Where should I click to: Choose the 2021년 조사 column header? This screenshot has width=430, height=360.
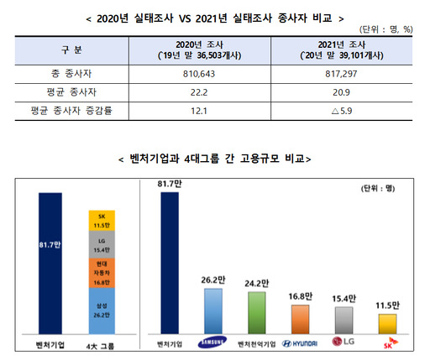tap(338, 50)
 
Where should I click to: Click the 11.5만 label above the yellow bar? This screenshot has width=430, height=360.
tap(388, 305)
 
